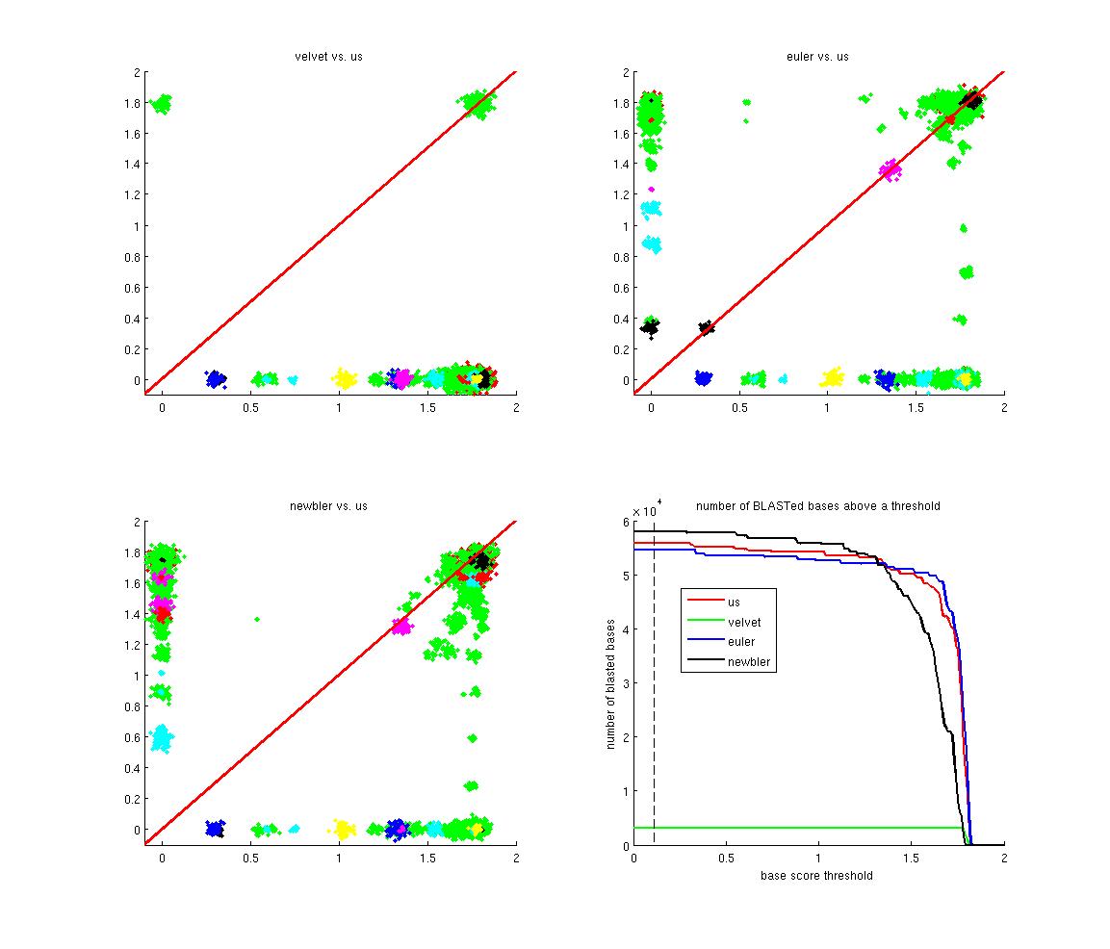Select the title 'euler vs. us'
coord(817,57)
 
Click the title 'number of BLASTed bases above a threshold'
coord(817,506)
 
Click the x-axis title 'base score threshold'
coord(817,876)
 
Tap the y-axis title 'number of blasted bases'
coord(610,682)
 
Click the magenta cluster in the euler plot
coord(891,170)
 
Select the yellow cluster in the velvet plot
coord(344,378)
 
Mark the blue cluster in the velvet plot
coord(215,379)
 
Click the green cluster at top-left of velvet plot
coord(161,103)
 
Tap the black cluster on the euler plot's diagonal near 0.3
coord(707,327)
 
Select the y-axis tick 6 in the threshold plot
coord(625,522)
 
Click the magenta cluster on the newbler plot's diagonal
coord(400,626)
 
